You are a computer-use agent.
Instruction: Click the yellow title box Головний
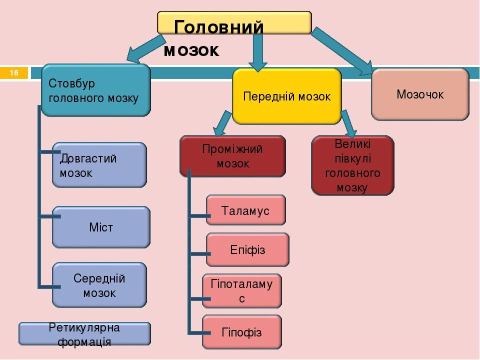tap(234, 22)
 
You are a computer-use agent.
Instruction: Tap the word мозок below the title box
tap(191, 50)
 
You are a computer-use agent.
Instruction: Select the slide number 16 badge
tap(14, 73)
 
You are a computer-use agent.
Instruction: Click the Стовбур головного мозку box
tap(96, 90)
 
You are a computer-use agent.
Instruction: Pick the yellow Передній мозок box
tap(287, 96)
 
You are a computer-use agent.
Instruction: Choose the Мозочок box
tap(420, 94)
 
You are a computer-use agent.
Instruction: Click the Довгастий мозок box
tap(99, 165)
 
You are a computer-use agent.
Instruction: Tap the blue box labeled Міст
tap(101, 227)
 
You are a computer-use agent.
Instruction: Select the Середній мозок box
tap(99, 285)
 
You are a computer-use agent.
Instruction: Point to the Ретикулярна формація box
tap(84, 334)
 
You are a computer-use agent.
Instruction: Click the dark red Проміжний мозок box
tap(232, 156)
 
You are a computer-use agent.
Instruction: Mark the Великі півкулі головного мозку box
tap(352, 165)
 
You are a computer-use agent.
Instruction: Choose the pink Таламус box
tap(246, 210)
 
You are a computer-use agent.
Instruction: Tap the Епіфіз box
tap(247, 250)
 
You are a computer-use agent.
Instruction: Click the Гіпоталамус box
tap(242, 291)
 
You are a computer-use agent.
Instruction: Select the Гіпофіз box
tap(242, 332)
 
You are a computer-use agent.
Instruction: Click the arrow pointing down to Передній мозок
tap(258, 52)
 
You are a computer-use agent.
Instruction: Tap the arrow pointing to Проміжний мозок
tap(222, 123)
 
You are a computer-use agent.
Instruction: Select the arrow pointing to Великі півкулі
tap(348, 123)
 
